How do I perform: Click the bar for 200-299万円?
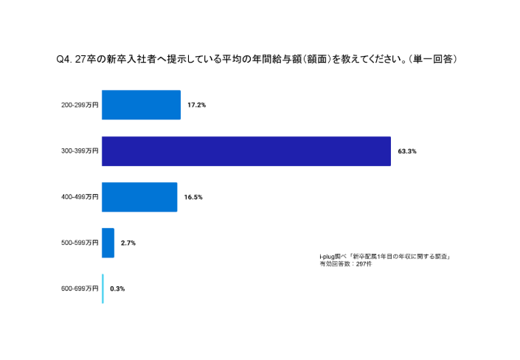click(141, 105)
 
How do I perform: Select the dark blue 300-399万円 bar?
click(246, 151)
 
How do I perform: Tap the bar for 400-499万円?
click(139, 197)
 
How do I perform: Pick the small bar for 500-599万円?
click(108, 243)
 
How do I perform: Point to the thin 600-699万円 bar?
click(103, 288)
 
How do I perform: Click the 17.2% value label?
click(196, 105)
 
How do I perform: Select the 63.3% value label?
click(407, 151)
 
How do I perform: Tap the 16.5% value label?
click(193, 197)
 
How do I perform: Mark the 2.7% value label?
click(128, 243)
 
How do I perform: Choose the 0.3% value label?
click(117, 288)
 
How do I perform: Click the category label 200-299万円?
click(80, 105)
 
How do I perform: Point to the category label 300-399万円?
click(80, 151)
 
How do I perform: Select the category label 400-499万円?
click(80, 197)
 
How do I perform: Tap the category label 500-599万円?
click(80, 243)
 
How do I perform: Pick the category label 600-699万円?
click(80, 288)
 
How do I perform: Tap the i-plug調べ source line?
click(384, 256)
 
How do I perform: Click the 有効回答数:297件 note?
click(346, 263)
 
